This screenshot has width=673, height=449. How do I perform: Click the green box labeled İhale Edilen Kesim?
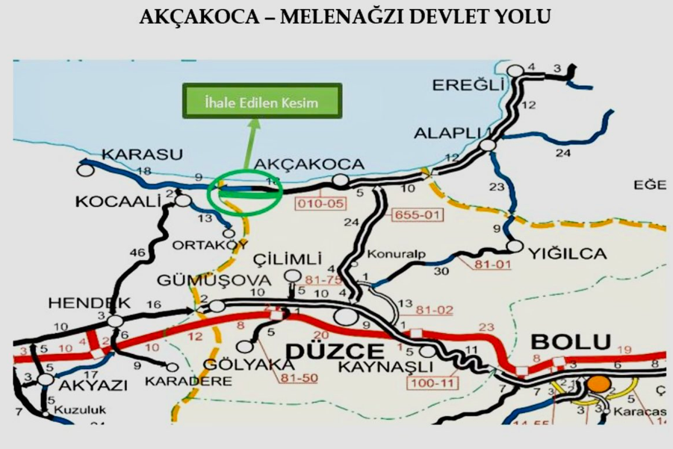[262, 101]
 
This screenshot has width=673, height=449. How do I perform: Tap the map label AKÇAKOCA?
[309, 164]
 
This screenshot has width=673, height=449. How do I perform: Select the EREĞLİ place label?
[464, 84]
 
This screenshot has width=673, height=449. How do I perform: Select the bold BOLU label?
[571, 342]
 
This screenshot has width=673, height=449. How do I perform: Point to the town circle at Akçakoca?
[341, 180]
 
